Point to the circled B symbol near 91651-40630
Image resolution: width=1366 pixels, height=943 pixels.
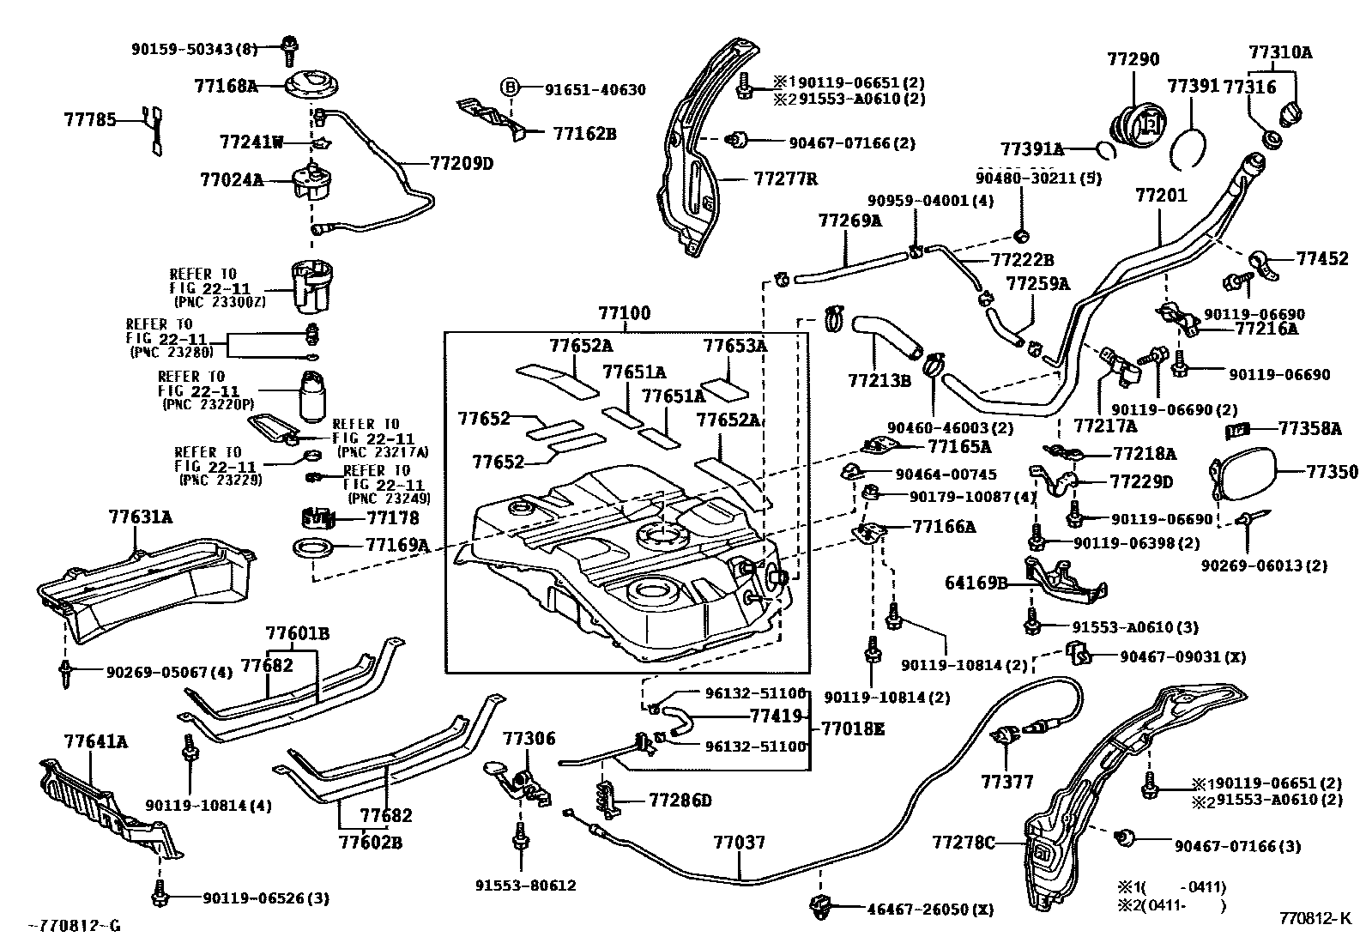click(x=510, y=87)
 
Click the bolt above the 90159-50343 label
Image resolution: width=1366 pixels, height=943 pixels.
click(x=290, y=50)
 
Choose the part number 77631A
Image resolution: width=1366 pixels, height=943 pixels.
click(x=140, y=517)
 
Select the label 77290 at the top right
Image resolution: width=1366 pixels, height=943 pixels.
click(x=1133, y=60)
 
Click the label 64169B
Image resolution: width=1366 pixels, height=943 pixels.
click(x=976, y=583)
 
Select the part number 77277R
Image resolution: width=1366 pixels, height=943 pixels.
click(x=785, y=179)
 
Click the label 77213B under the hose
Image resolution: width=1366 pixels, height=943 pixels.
click(x=879, y=379)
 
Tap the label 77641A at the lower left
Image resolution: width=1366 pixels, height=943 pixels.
click(x=95, y=740)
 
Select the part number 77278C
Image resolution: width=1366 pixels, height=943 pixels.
click(x=963, y=843)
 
